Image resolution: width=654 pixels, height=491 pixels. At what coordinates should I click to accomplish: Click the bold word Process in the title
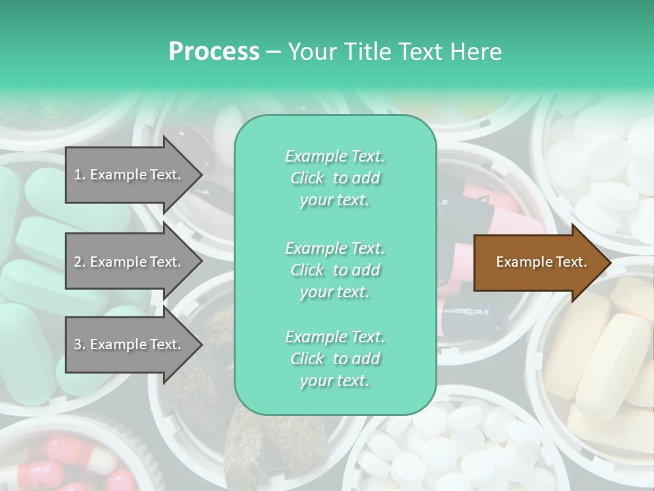coord(214,52)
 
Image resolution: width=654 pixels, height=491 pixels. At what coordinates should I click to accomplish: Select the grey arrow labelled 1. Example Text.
coord(129,175)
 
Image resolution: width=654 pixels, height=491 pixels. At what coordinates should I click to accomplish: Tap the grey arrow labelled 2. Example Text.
coord(129,262)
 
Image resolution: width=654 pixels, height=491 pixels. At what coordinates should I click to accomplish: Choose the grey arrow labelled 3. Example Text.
coord(129,344)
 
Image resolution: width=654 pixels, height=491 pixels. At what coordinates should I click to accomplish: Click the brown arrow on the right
coord(538,263)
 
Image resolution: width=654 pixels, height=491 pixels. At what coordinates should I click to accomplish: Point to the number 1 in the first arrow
coord(78,175)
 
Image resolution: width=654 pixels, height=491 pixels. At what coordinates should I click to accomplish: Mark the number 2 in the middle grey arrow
coord(78,262)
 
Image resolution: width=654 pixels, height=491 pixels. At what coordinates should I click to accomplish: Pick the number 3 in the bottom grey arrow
coord(78,344)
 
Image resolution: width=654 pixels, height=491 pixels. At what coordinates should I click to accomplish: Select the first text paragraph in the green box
coord(334,178)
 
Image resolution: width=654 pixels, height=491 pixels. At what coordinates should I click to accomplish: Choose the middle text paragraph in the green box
coord(334,270)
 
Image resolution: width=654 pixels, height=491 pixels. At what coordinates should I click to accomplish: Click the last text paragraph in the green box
coord(334,359)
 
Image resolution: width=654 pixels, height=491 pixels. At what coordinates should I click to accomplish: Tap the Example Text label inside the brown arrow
coord(541,262)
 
